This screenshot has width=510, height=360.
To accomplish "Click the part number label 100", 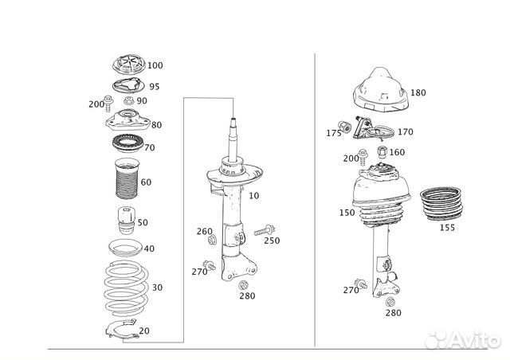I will pos(155,65).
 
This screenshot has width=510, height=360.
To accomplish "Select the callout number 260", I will pos(205,232).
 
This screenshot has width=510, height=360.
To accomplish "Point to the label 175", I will pos(333,132).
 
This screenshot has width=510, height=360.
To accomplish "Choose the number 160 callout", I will pos(396,152).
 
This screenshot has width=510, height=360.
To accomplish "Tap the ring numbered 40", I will pos(124,248).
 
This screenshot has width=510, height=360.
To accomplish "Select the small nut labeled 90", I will pos(126,101).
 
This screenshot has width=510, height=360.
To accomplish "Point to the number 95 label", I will pos(154,87).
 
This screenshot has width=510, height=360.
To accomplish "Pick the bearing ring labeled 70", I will pos(124,148).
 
